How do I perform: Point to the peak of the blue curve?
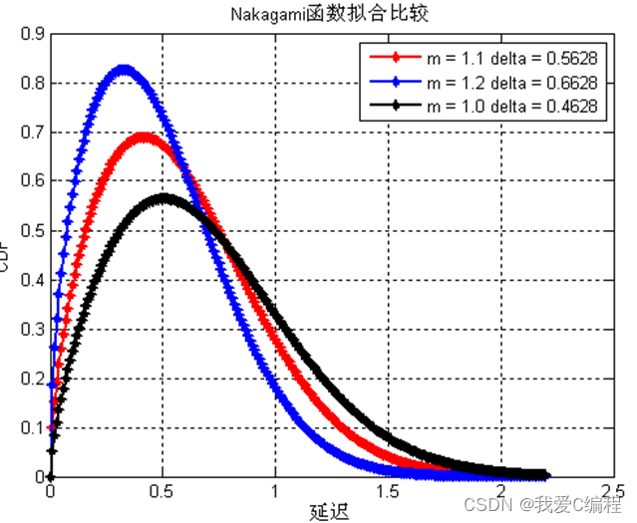coord(124,69)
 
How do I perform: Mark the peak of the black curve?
coord(165,197)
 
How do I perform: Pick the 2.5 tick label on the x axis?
coord(610,492)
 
